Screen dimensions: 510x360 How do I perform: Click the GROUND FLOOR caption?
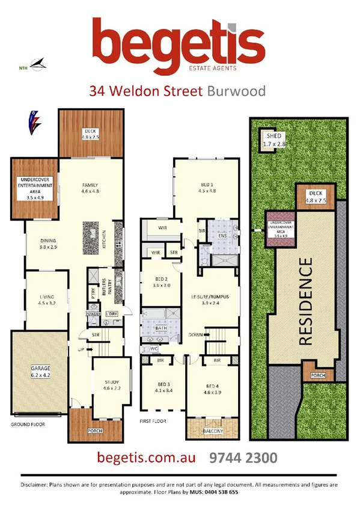tap(28, 424)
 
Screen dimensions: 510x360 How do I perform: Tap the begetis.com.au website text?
tap(147, 458)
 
